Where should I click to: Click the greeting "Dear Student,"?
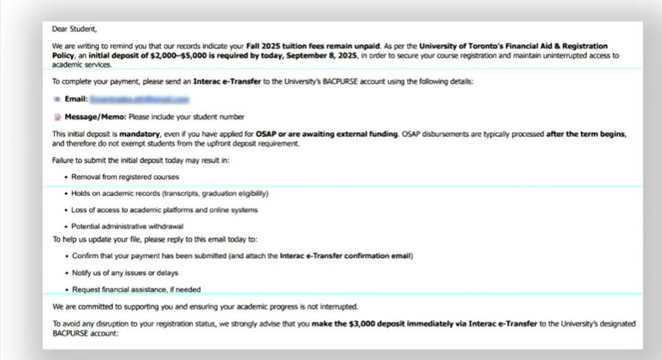(73, 29)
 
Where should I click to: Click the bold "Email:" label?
(77, 99)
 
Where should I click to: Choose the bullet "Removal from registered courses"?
(121, 177)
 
